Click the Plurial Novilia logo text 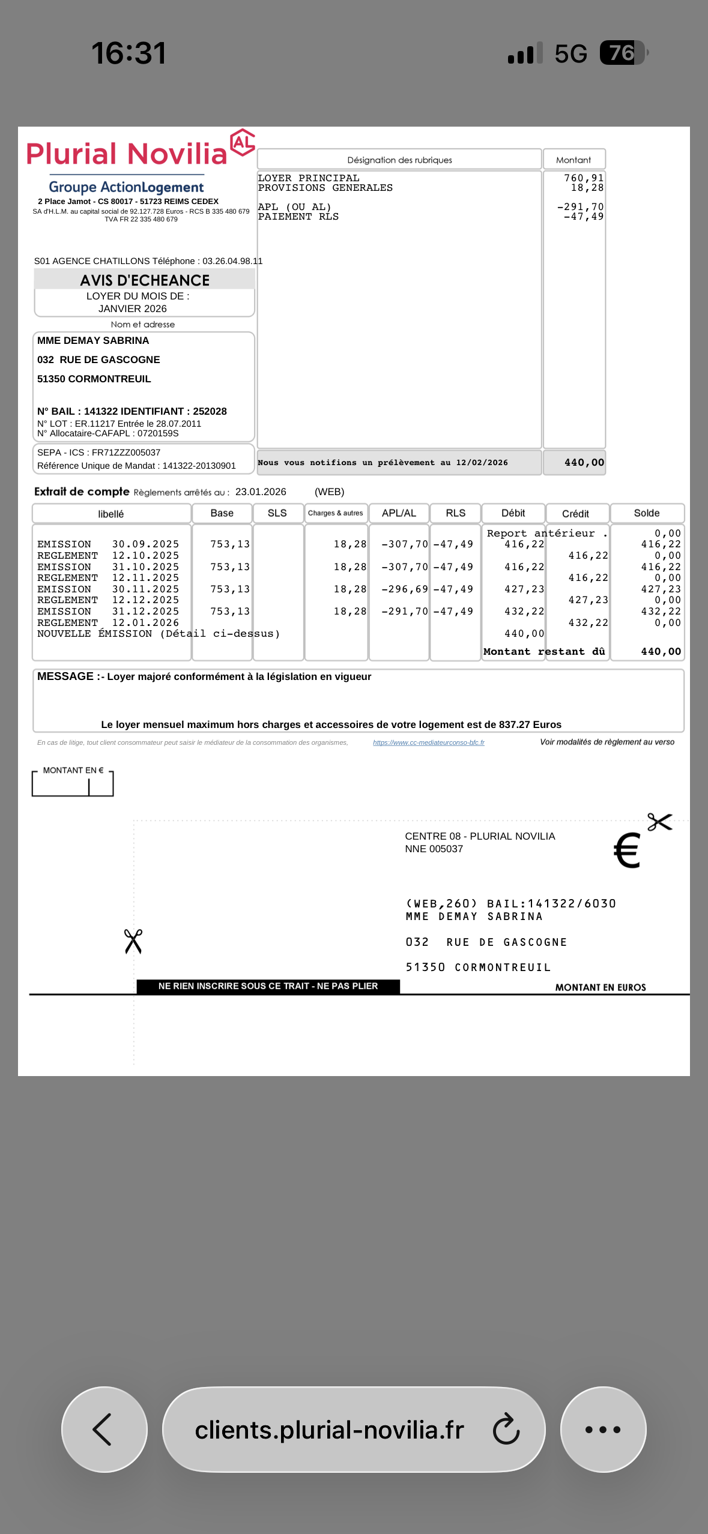pos(127,154)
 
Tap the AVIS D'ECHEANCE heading pos(145,280)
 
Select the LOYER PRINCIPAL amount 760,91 pos(583,178)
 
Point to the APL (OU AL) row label pos(294,207)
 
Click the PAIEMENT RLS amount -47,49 pos(583,217)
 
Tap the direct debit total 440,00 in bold pos(584,463)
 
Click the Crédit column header pos(575,514)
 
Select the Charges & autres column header pos(335,513)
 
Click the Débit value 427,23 pos(524,589)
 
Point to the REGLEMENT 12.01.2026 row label pos(108,623)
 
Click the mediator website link pos(428,742)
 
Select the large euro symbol pos(627,850)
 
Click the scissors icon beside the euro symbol pos(659,822)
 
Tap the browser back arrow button pos(104,1429)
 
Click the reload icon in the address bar pos(506,1429)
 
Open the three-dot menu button pos(603,1429)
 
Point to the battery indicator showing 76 pos(623,53)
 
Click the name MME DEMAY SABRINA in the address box pos(93,341)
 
